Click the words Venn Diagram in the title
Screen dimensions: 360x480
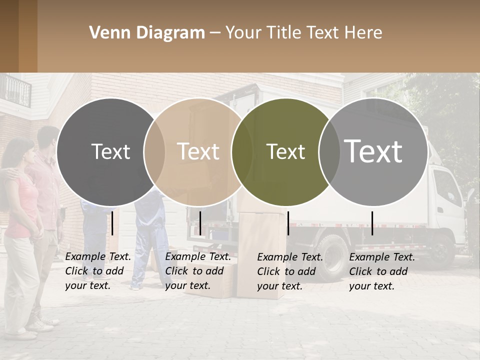pos(147,33)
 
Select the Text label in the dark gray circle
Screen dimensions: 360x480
pos(110,151)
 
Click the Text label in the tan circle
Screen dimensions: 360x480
pos(198,151)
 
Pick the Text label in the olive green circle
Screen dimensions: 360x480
pos(286,151)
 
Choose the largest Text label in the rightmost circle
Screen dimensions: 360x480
pos(373,151)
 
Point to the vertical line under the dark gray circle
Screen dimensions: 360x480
pos(112,223)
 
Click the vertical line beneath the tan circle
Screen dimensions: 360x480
pos(200,223)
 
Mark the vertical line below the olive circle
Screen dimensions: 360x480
pos(288,223)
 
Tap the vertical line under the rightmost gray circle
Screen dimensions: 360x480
pos(372,223)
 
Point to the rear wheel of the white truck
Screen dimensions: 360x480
pos(332,254)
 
